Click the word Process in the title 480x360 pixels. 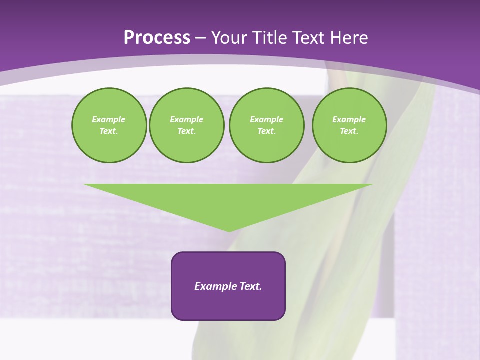click(x=157, y=38)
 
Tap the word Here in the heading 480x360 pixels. click(x=349, y=38)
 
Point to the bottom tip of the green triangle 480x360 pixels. click(x=229, y=231)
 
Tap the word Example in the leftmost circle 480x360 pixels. click(x=109, y=119)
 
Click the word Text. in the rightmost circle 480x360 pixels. click(x=349, y=131)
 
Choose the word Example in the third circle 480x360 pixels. click(x=266, y=119)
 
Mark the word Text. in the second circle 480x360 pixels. click(x=186, y=131)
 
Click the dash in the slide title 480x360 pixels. click(x=200, y=38)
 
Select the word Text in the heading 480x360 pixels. click(x=309, y=38)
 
